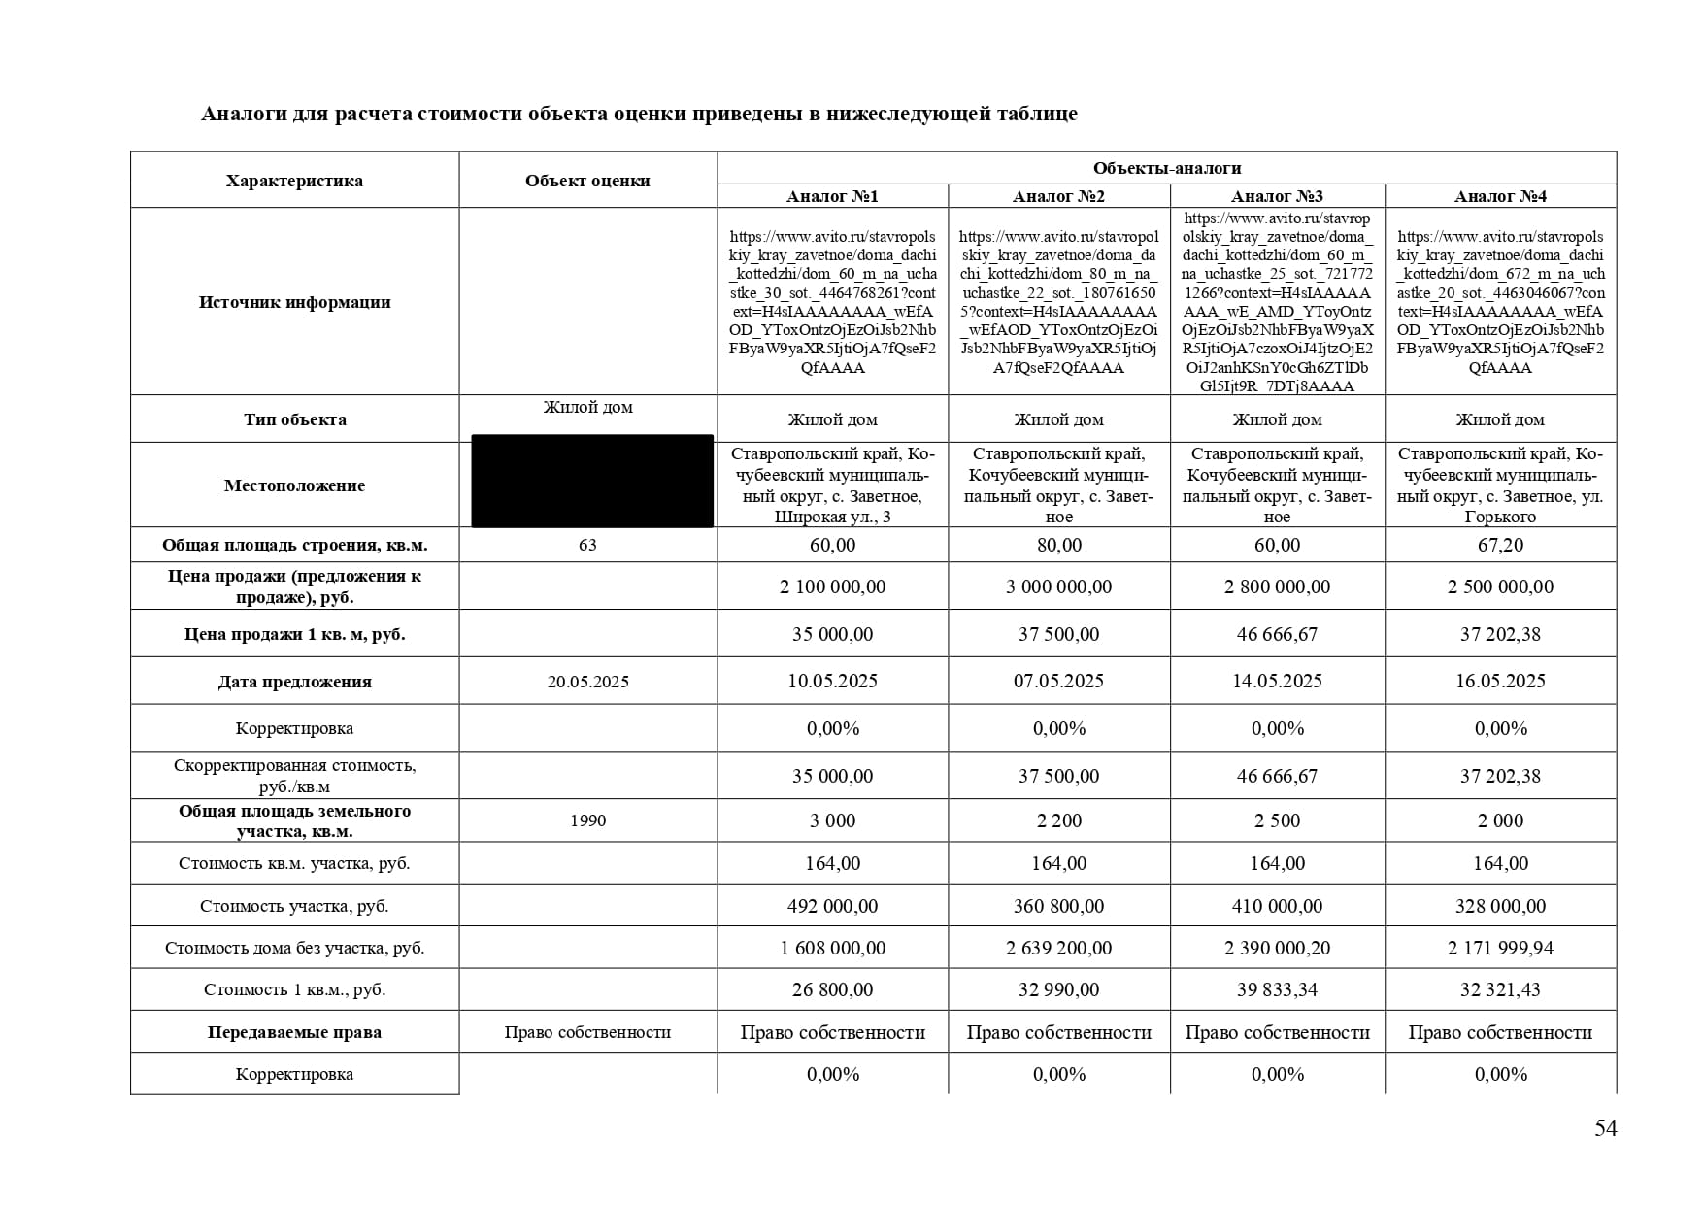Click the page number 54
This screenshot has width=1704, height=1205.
[1605, 1128]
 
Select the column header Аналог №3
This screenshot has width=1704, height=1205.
[1277, 196]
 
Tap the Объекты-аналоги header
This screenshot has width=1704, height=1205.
[1166, 168]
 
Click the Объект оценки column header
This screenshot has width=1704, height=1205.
[587, 181]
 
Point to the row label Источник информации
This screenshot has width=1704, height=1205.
[294, 302]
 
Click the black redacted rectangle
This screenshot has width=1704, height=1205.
[591, 482]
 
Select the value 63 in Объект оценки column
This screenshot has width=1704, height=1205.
[587, 545]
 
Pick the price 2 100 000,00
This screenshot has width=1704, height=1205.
[832, 586]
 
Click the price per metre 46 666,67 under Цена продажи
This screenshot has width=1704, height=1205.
[1277, 634]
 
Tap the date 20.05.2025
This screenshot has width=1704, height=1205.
[587, 682]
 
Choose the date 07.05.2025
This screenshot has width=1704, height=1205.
[1058, 681]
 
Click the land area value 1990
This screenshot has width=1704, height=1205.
[587, 820]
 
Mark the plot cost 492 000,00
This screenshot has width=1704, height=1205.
[832, 906]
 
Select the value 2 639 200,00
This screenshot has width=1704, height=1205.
[1058, 948]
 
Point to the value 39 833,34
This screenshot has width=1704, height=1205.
[1277, 989]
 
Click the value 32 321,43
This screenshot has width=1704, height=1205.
[1500, 989]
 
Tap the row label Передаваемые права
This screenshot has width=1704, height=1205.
[294, 1032]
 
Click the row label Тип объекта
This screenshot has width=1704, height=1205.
[294, 419]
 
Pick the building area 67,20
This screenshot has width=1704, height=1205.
[1500, 545]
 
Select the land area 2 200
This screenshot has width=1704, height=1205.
[1058, 820]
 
